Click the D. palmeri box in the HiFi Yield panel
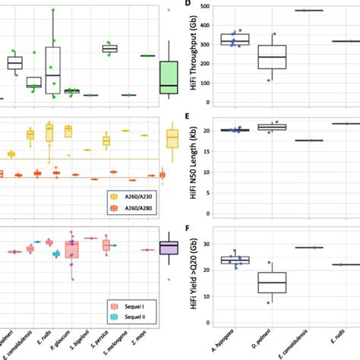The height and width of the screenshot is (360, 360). [271, 282]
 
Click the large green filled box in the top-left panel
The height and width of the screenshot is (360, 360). [169, 78]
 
